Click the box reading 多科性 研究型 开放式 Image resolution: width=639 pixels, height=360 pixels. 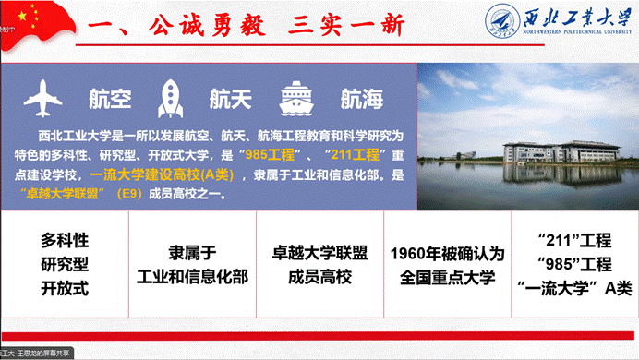[65, 264]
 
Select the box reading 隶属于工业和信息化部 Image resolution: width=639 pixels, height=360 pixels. [192, 264]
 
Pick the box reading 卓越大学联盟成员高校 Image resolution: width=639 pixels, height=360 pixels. [318, 264]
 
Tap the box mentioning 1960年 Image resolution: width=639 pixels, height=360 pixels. [444, 264]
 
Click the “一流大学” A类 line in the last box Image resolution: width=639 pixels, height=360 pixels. [573, 287]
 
